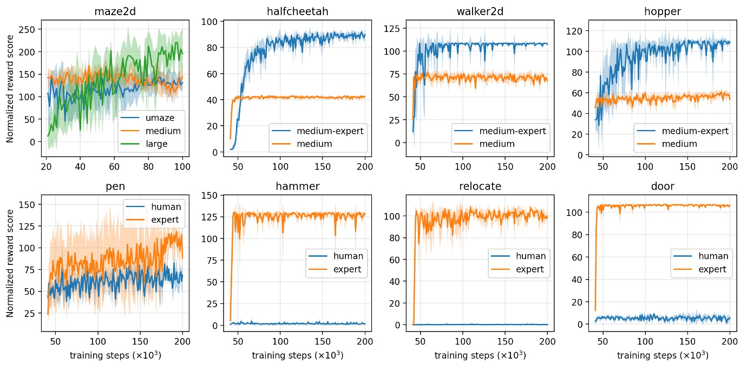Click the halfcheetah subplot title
(x=297, y=11)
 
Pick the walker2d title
(x=480, y=11)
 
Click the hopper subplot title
(x=662, y=11)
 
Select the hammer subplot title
(x=297, y=186)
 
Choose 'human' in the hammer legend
(x=349, y=256)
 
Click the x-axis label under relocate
(x=480, y=355)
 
